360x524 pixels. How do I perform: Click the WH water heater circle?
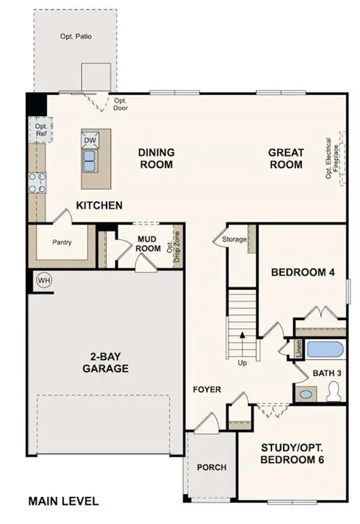coord(44,280)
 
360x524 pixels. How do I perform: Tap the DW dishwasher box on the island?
coord(90,140)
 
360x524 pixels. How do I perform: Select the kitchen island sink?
coord(90,160)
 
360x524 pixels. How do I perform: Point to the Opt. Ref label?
coord(41,130)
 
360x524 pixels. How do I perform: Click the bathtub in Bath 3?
coord(327,350)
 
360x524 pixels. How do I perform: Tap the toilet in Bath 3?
coord(334,391)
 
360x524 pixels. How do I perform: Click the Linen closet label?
coord(299,349)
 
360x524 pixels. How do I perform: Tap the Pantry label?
coord(62,243)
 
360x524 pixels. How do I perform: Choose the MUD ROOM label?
coord(148,244)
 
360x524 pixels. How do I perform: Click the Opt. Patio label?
coord(75,36)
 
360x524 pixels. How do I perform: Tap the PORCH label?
coord(211,467)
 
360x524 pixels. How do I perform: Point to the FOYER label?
coord(207,390)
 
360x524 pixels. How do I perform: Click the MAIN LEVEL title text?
coord(63,501)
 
